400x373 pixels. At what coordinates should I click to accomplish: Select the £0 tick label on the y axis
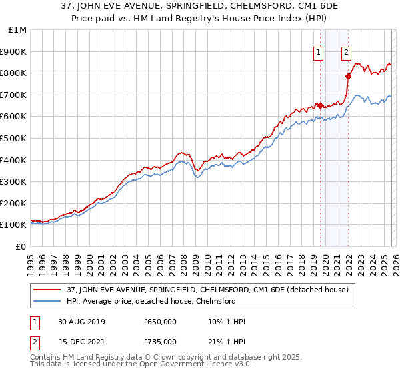[x=19, y=246]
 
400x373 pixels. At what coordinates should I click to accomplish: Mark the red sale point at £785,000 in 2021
[x=347, y=76]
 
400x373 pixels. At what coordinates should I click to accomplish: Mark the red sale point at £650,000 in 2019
[x=320, y=105]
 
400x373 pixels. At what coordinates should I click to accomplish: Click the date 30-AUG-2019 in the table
[x=81, y=322]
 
